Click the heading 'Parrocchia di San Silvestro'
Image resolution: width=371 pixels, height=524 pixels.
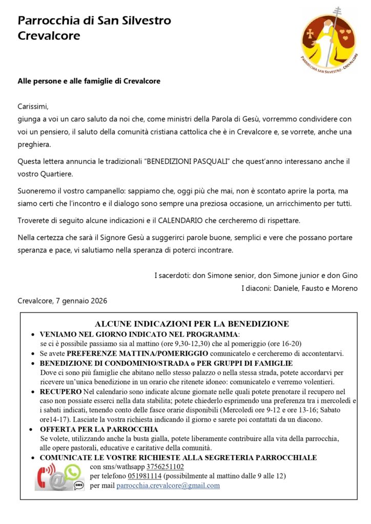[x=94, y=21]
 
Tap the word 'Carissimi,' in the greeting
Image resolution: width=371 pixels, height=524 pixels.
[x=33, y=107]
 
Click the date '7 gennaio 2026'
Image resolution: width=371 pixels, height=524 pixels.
[x=81, y=301]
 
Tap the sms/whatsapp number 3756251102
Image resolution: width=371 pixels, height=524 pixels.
[x=165, y=467]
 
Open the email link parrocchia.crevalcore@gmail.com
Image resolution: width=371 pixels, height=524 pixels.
[x=168, y=485]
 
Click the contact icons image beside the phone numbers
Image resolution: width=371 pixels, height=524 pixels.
[x=59, y=476]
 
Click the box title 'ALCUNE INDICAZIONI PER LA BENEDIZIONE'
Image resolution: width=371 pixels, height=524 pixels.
[x=192, y=324]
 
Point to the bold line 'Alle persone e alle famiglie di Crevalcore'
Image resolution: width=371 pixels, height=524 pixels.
[x=92, y=81]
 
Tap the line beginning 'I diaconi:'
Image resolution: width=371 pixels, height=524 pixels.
[x=299, y=289]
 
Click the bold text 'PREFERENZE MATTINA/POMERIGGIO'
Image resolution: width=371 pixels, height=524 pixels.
[x=137, y=354]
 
